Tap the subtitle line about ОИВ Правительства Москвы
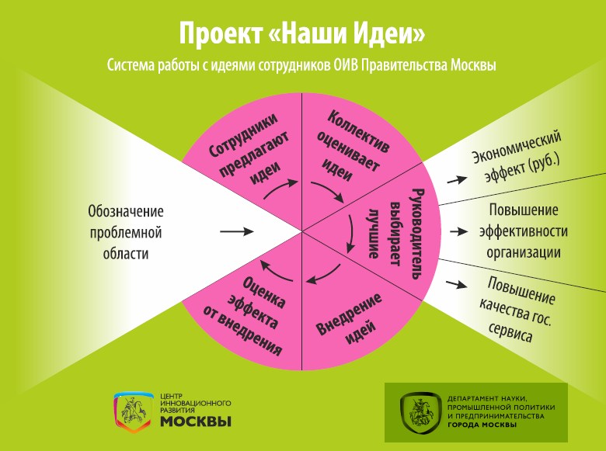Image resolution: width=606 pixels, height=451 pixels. [301, 65]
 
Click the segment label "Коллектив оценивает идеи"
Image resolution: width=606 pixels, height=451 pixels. [353, 146]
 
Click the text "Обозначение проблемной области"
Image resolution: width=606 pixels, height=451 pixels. [126, 232]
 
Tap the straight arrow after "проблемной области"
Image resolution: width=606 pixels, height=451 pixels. [236, 231]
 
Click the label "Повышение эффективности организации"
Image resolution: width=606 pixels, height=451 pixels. [524, 231]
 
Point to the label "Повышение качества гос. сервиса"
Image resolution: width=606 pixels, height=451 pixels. [516, 309]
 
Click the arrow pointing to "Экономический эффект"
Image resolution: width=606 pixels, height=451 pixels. [457, 179]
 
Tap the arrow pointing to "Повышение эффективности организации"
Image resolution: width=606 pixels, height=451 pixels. [458, 231]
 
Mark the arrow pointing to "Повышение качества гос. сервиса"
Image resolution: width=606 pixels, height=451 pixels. [456, 284]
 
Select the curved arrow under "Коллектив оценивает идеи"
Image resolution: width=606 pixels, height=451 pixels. [329, 189]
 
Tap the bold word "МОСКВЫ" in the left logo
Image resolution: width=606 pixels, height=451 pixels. [196, 422]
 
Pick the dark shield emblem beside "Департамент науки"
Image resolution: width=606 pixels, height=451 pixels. [420, 413]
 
